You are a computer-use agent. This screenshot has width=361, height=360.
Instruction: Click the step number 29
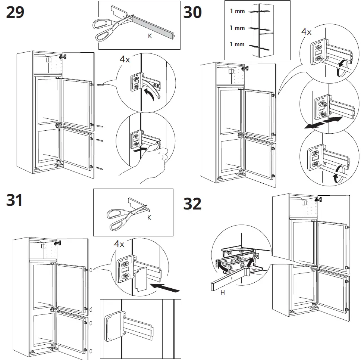[x=15, y=12]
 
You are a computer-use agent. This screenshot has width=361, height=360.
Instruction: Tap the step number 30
[x=193, y=12]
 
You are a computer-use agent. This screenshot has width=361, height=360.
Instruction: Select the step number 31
[x=15, y=201]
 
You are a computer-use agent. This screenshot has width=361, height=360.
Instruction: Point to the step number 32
[x=193, y=204]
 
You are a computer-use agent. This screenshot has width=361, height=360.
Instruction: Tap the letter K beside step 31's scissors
[x=148, y=217]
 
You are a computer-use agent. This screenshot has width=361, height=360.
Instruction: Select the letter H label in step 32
[x=222, y=292]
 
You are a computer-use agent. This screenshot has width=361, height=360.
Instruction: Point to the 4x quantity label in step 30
[x=306, y=32]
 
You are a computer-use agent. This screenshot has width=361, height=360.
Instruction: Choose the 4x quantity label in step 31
[x=119, y=244]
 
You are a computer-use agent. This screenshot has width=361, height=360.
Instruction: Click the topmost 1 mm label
[x=237, y=11]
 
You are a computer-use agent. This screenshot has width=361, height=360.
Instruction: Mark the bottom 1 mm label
[x=237, y=44]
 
